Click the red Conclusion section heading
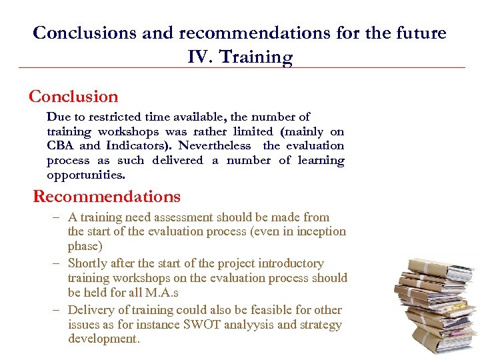[x=73, y=97]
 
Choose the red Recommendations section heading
[x=107, y=197]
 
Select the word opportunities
[x=85, y=175]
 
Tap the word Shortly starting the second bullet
[x=87, y=263]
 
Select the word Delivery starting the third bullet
[x=90, y=310]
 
